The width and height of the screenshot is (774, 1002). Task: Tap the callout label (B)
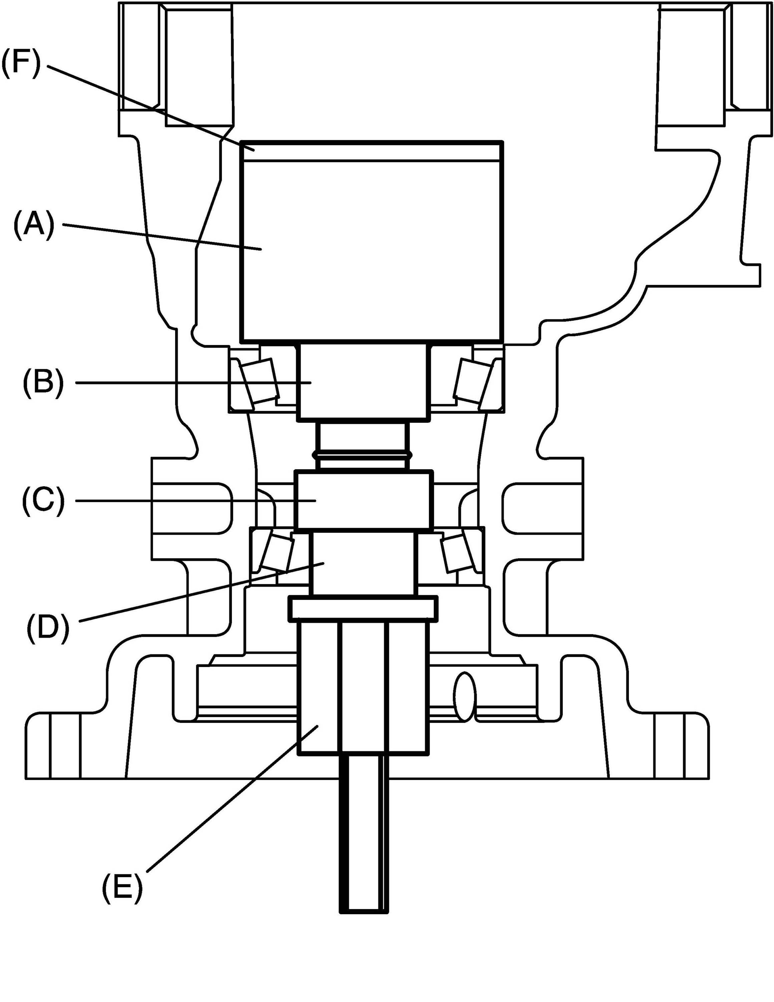[43, 382]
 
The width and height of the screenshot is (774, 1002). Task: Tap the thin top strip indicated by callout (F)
[371, 151]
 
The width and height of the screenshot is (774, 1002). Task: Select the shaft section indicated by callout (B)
[364, 382]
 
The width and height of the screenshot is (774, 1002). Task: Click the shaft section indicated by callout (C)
[364, 500]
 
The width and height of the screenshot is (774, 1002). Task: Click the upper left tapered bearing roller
[260, 380]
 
